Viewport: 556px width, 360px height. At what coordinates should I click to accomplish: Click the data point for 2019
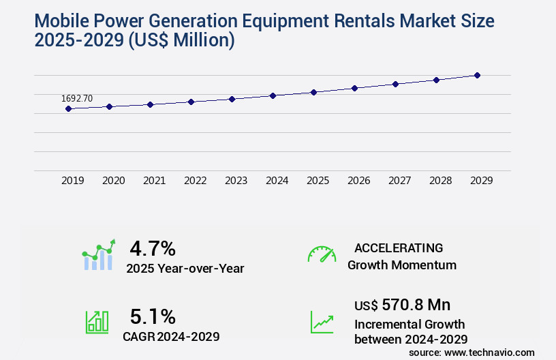click(68, 108)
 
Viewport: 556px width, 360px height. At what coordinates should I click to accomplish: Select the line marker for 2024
click(273, 95)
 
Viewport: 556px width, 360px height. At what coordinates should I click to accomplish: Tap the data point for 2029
click(477, 75)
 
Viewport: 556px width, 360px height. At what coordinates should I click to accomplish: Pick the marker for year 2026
click(354, 88)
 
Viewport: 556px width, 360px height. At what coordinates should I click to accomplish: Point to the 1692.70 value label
click(77, 98)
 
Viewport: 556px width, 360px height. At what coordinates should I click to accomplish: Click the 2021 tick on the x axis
click(155, 181)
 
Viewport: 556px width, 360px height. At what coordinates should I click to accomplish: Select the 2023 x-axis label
click(236, 181)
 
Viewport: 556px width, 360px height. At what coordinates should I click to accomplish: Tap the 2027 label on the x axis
click(400, 181)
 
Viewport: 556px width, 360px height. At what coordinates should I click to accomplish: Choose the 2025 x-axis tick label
click(318, 181)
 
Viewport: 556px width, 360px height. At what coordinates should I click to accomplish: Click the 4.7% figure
click(153, 247)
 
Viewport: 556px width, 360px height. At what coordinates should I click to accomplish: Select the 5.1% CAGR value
click(153, 316)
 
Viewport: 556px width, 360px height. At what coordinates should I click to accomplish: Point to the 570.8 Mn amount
click(416, 304)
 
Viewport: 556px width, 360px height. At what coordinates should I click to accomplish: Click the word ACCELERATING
click(399, 247)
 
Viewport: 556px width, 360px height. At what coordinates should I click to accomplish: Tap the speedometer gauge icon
click(322, 254)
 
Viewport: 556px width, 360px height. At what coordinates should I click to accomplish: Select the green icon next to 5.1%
click(97, 322)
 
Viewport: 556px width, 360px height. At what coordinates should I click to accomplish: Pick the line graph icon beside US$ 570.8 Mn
click(322, 322)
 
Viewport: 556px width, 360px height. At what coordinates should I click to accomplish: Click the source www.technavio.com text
click(472, 352)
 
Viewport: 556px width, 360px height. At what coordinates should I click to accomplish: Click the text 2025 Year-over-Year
click(185, 269)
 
